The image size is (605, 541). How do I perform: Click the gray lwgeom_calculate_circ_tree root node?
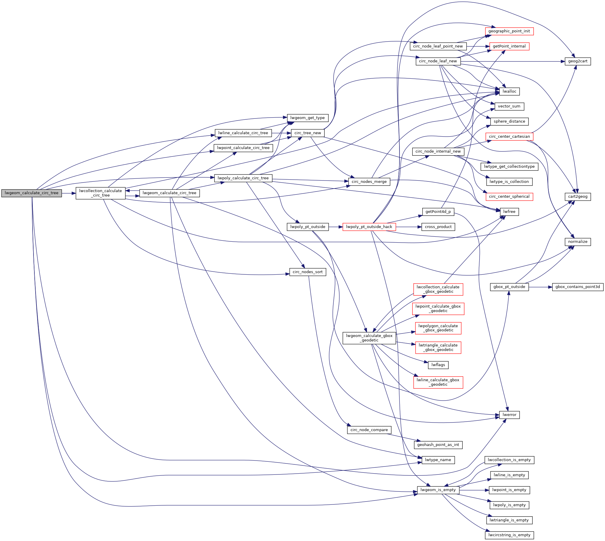click(31, 193)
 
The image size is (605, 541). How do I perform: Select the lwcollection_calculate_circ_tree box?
click(100, 193)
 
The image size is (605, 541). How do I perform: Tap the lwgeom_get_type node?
click(307, 118)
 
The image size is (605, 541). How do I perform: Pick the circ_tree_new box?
click(307, 133)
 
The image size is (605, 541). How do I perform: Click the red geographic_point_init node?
click(509, 31)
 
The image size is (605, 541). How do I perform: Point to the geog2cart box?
click(577, 61)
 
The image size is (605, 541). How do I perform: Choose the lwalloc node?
click(509, 91)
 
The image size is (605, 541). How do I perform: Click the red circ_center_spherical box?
click(509, 197)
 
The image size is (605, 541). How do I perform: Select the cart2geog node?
click(577, 197)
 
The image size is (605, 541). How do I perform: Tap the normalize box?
click(577, 242)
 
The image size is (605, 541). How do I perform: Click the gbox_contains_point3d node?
click(577, 287)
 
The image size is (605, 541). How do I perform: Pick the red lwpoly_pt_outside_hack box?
click(369, 227)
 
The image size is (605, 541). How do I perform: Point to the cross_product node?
click(438, 227)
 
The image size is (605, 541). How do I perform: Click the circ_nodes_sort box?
click(307, 272)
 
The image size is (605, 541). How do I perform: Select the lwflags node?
click(438, 365)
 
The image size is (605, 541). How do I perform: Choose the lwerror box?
click(509, 415)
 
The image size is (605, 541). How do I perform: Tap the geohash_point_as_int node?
click(438, 445)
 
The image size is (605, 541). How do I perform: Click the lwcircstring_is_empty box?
click(509, 535)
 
